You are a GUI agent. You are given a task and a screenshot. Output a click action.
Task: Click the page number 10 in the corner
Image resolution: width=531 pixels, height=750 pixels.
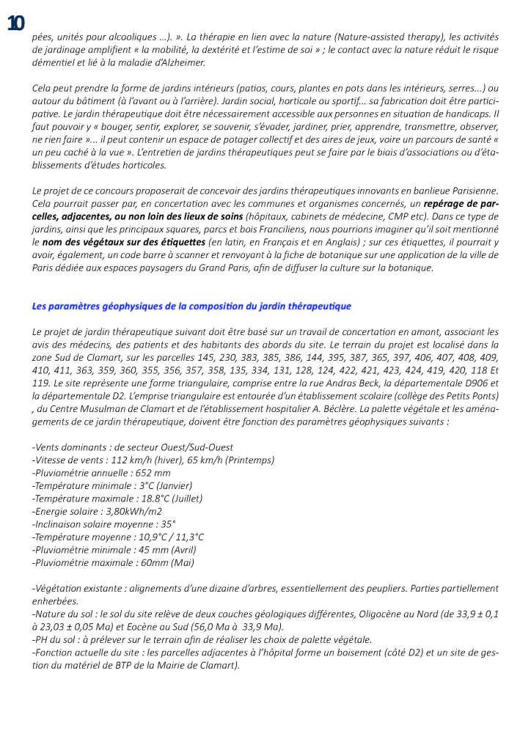(15, 23)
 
